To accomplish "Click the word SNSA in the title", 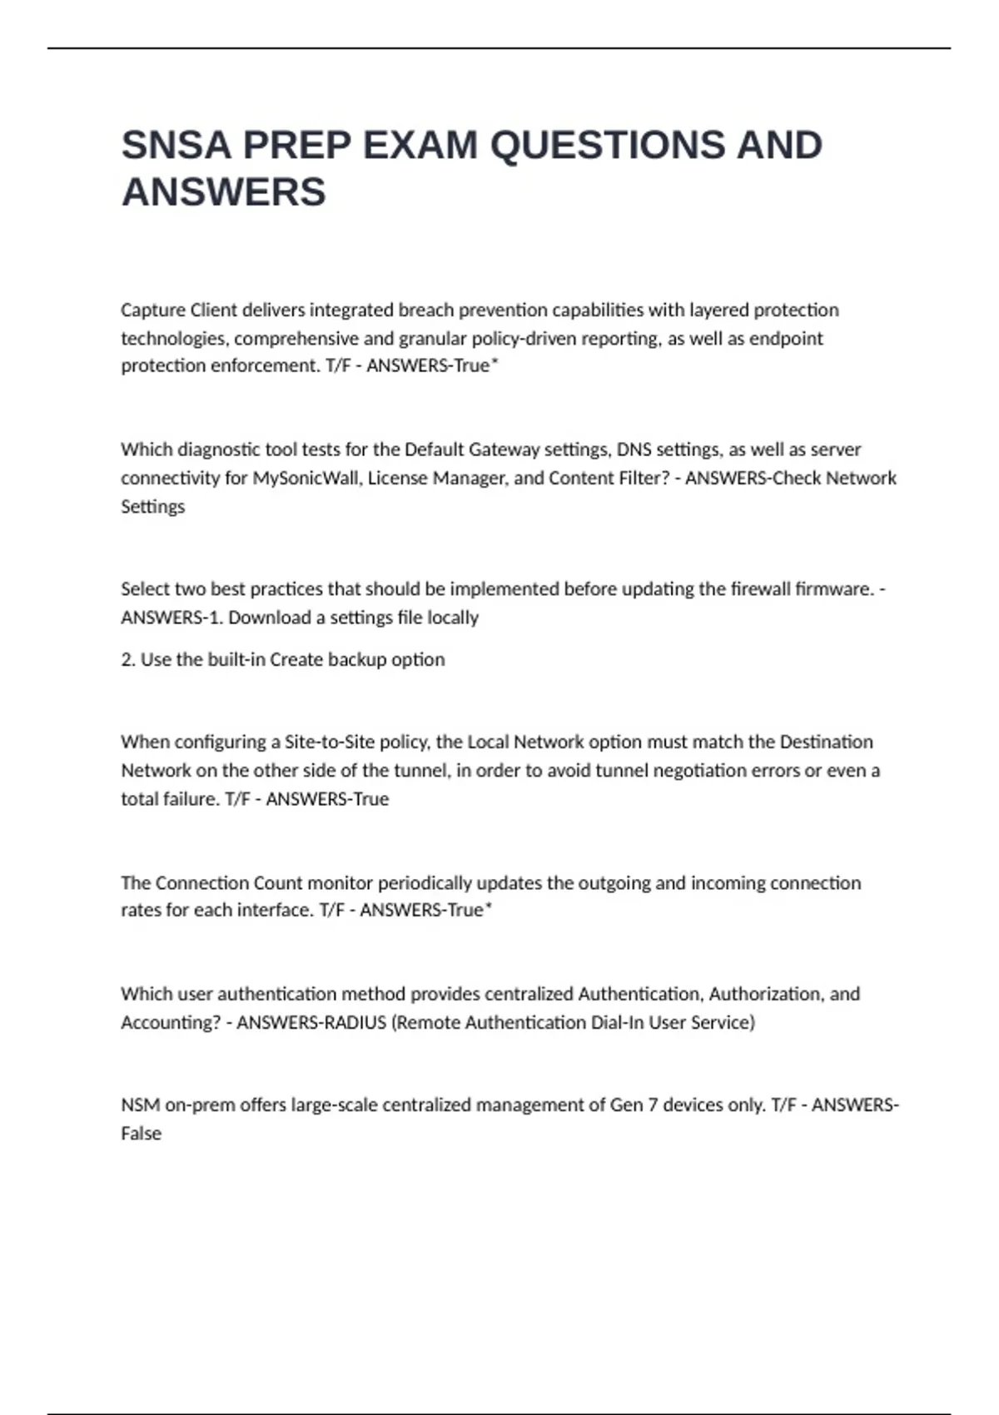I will pyautogui.click(x=176, y=146).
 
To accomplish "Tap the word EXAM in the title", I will pyautogui.click(x=420, y=146).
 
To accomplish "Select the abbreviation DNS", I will pyautogui.click(x=634, y=450).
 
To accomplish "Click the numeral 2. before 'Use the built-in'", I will pyautogui.click(x=127, y=660).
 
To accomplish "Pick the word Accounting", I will pyautogui.click(x=171, y=1022).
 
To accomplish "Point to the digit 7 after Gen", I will pyautogui.click(x=652, y=1105).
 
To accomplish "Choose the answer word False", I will pyautogui.click(x=141, y=1134).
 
